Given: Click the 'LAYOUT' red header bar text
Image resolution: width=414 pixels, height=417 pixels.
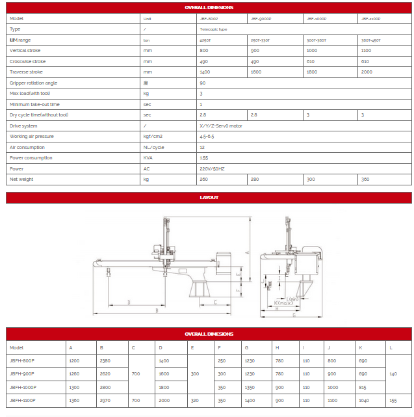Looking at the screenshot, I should (209, 198).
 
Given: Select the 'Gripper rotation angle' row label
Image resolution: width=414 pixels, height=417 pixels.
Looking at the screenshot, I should (33, 83).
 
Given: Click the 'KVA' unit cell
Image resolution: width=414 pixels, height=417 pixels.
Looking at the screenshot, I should (148, 157).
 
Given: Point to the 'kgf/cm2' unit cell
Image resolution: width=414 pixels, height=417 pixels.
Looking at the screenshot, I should (152, 136).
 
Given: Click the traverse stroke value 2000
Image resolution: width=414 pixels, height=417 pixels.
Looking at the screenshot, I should (367, 72).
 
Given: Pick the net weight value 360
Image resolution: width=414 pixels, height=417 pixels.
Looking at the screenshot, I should (365, 179).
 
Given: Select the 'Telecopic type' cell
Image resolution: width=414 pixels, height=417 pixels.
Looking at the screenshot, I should (214, 29).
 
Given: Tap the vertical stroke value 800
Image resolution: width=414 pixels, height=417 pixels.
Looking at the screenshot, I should (204, 50).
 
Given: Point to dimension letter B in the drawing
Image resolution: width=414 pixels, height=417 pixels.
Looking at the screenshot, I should (157, 311).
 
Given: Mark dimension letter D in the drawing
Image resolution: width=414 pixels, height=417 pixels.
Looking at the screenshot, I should (129, 303).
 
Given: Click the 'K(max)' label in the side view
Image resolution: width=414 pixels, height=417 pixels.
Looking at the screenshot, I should (284, 303).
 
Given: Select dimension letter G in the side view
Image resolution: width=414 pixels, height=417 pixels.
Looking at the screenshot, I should (294, 316).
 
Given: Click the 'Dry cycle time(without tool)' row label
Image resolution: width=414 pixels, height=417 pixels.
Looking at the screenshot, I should (40, 114).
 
